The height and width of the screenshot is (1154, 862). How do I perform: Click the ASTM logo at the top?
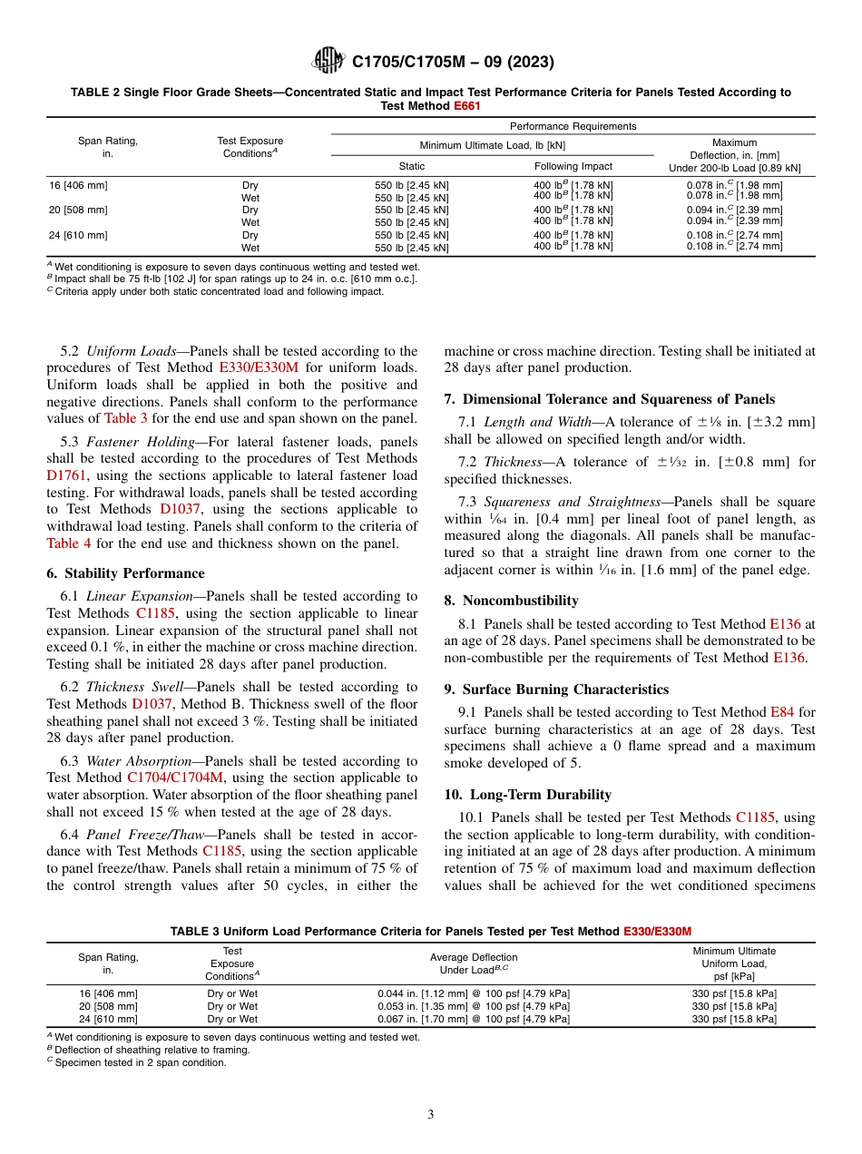click(x=328, y=62)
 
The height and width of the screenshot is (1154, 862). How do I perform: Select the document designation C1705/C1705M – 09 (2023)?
click(x=453, y=63)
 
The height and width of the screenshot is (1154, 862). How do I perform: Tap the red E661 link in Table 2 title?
click(x=466, y=105)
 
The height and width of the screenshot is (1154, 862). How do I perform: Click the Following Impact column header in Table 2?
click(x=573, y=166)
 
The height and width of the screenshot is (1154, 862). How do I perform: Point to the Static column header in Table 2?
click(x=412, y=166)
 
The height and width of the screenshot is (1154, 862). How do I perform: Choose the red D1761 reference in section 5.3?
click(x=68, y=474)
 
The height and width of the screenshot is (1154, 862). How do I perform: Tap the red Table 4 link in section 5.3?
click(x=71, y=543)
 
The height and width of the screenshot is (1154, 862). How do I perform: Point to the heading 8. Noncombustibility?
click(x=511, y=601)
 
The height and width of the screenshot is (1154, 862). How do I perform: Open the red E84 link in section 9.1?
click(x=780, y=712)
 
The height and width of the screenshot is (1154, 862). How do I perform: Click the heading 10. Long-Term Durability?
click(x=527, y=795)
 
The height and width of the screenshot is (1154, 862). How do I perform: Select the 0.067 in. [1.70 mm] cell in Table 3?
click(x=473, y=1019)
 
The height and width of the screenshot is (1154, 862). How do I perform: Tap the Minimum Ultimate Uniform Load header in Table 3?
click(x=733, y=963)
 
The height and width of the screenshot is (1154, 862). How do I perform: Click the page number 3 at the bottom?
click(x=431, y=1114)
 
